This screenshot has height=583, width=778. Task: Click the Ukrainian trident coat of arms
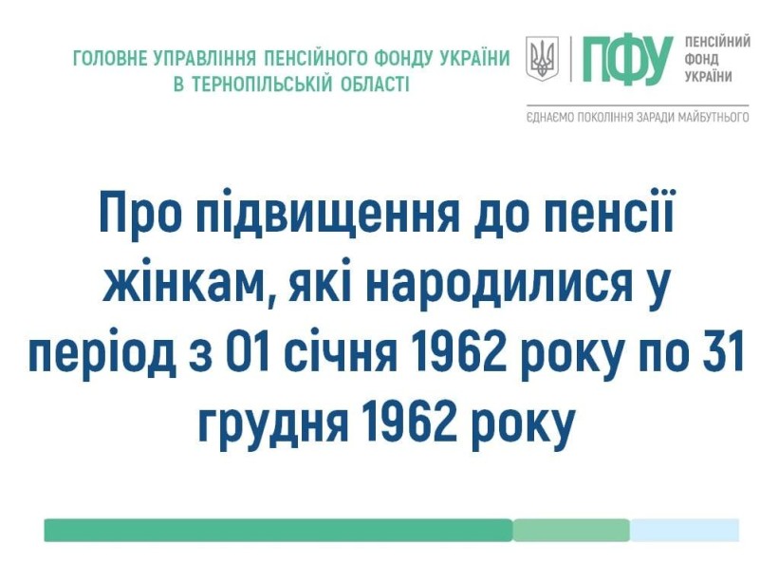[542, 58]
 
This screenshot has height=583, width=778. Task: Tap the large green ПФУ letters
[628, 59]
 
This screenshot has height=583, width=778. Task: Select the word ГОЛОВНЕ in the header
[110, 58]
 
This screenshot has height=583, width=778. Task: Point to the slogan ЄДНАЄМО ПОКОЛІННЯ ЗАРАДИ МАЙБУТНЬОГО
[638, 118]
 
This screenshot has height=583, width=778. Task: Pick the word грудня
[273, 426]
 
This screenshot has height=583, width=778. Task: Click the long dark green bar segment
[278, 530]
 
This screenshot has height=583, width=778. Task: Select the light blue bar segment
[685, 530]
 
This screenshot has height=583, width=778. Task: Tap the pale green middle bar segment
[571, 530]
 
